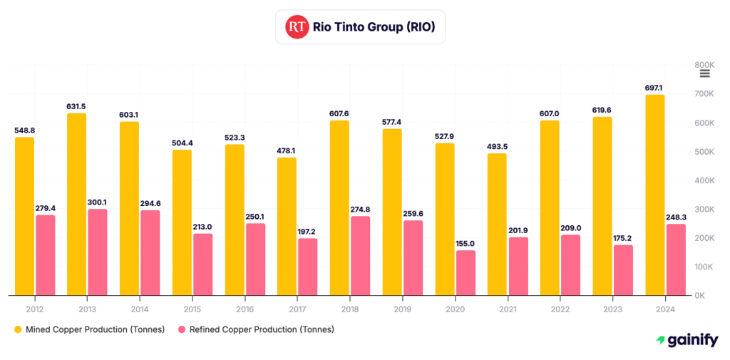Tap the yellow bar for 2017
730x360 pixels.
[287, 226]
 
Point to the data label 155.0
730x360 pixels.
[466, 244]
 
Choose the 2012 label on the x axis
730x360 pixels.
[35, 309]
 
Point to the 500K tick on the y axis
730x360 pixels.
[704, 152]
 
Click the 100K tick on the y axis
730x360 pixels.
[704, 267]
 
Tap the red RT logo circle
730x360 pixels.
[297, 27]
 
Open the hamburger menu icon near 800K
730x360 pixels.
[704, 73]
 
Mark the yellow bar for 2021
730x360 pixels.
[497, 224]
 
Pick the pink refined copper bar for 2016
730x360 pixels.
[255, 259]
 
